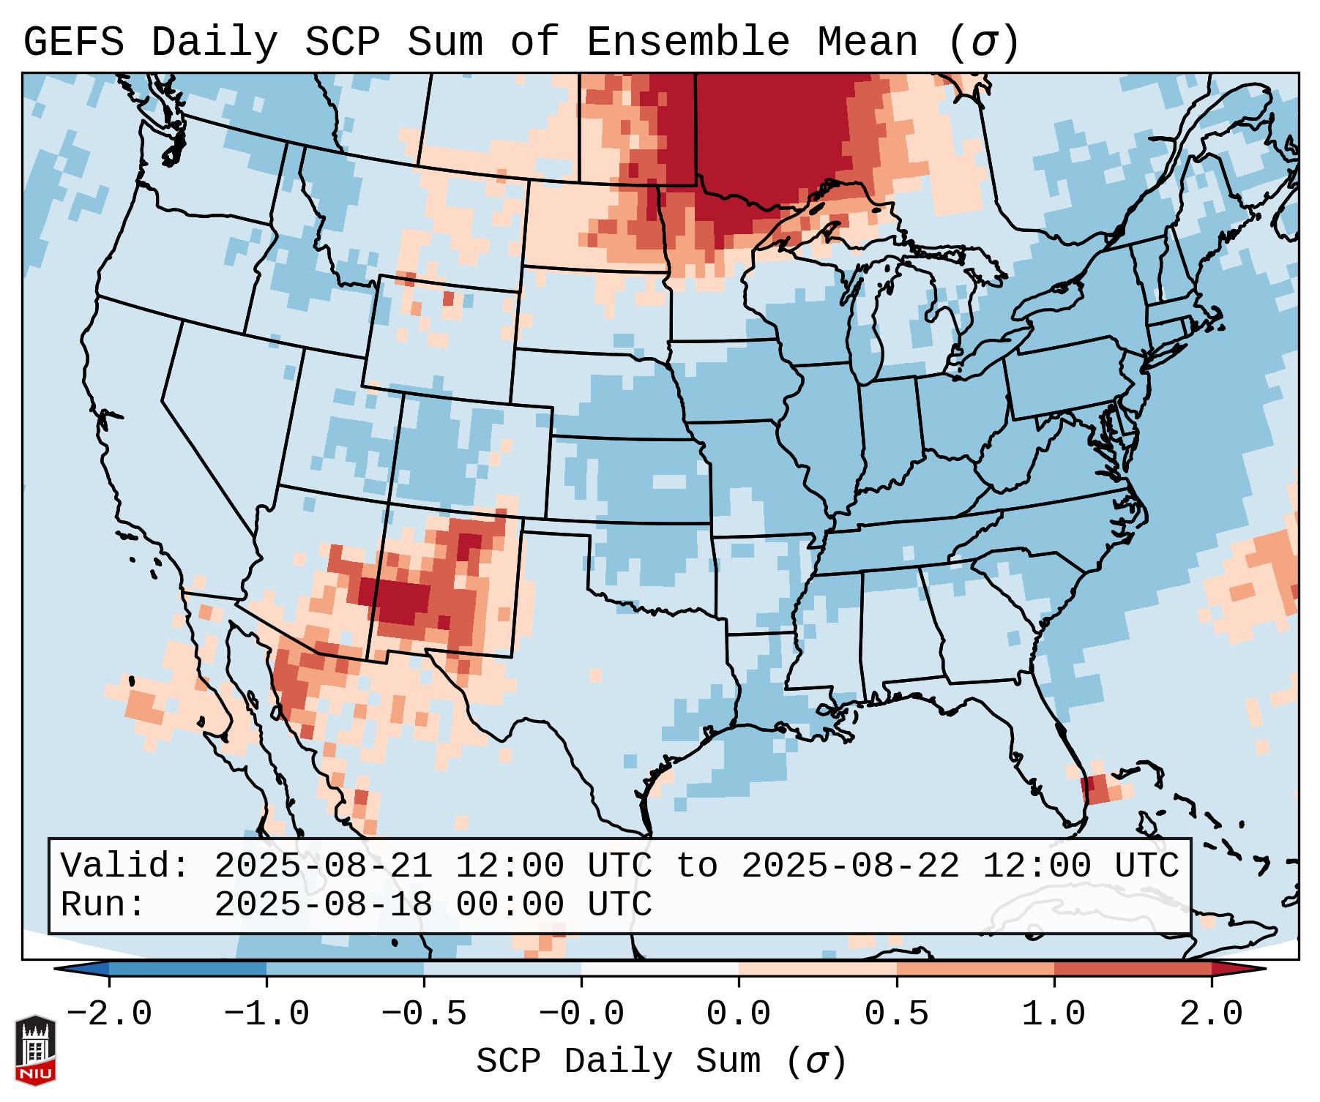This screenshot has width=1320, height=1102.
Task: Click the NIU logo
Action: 35,1049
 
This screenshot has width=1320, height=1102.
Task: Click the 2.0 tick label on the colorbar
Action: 1211,1014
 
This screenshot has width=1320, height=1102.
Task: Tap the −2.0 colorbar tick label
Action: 109,1014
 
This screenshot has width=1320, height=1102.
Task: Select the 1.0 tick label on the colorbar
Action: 1054,1014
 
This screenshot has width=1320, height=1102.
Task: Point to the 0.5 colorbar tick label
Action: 896,1014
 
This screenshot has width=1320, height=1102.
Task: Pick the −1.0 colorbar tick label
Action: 266,1014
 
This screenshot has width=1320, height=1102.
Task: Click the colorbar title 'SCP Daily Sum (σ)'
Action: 661,1061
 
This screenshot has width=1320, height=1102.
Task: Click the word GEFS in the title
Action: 73,42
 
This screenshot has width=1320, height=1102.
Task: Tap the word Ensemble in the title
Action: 687,42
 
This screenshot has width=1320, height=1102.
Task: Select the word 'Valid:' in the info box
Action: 125,866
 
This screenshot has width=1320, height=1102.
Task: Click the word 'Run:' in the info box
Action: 103,904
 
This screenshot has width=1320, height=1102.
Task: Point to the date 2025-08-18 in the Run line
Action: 323,904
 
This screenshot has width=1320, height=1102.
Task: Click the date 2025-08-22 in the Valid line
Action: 850,866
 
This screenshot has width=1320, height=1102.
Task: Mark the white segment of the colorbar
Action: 660,969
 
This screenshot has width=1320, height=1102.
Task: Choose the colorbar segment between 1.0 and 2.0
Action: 1132,969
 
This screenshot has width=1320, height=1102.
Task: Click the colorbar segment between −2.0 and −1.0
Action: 187,969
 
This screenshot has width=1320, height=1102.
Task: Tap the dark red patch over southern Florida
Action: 1094,789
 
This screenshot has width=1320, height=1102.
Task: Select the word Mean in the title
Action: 868,42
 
